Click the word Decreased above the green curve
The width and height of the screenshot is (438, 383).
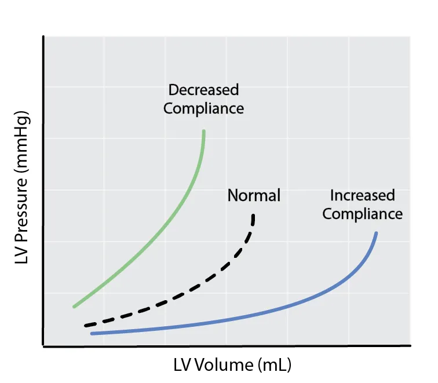203,90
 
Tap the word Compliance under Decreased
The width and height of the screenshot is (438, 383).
203,109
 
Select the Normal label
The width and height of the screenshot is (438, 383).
254,195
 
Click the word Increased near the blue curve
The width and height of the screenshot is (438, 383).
363,195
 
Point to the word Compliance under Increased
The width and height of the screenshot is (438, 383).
363,214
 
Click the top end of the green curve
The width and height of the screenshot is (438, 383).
204,131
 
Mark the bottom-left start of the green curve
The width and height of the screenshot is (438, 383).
74,307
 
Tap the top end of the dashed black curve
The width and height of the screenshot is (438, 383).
253,216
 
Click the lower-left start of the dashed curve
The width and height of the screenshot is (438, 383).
86,326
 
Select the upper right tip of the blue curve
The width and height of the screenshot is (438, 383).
376,233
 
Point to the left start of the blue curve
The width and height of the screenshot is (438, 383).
92,333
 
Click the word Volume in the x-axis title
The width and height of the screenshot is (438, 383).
224,365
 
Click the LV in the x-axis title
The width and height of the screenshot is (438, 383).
182,365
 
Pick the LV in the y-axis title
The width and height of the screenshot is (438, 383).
21,254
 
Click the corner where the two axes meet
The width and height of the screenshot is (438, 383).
43,346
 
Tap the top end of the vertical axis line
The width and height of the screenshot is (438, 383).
43,37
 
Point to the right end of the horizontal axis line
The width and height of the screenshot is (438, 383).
410,346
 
